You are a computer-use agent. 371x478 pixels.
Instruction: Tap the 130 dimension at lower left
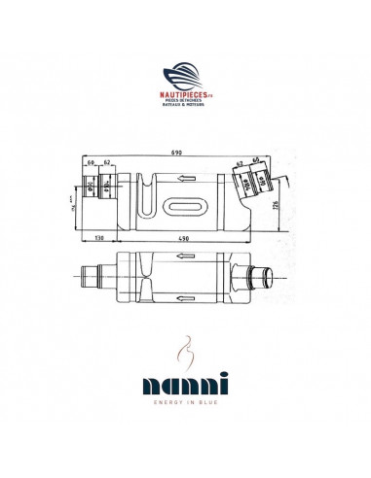pos(100,237)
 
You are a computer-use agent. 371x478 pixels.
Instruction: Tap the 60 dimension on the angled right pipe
pos(256,159)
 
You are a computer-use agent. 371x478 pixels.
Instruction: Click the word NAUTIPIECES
pos(183,96)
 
